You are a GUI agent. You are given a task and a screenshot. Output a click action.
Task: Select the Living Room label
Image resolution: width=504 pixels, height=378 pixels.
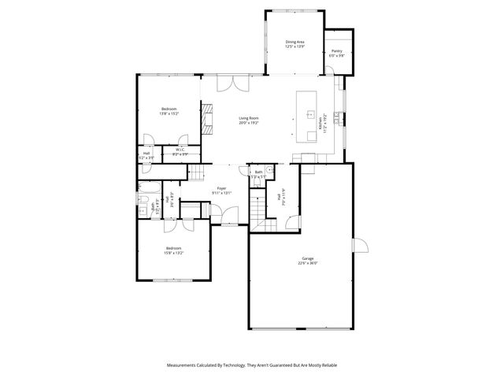pyautogui.click(x=249, y=118)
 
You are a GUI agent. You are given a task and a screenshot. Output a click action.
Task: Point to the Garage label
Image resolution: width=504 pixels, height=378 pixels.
pyautogui.click(x=307, y=258)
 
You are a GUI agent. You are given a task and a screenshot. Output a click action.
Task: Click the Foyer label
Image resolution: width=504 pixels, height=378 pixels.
pyautogui.click(x=223, y=188)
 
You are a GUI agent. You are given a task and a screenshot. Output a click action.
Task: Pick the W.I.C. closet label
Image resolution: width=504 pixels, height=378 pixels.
pyautogui.click(x=180, y=150)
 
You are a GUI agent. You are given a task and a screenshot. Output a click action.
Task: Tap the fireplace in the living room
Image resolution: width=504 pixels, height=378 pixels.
pyautogui.click(x=207, y=120)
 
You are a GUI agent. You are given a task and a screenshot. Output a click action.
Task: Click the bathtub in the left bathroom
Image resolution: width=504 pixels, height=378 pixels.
pyautogui.click(x=147, y=187)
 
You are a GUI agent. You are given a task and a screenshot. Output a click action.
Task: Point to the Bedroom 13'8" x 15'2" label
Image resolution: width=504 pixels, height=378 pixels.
pyautogui.click(x=169, y=111)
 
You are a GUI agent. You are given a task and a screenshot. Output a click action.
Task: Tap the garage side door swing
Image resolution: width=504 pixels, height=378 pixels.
pyautogui.click(x=361, y=246)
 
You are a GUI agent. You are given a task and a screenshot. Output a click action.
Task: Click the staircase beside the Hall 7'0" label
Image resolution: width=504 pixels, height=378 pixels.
pyautogui.click(x=258, y=208)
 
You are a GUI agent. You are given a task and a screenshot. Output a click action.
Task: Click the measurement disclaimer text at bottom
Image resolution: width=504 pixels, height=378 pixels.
pyautogui.click(x=251, y=365)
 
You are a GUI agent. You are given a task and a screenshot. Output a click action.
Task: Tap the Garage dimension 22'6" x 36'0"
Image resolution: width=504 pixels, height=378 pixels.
pyautogui.click(x=307, y=263)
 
